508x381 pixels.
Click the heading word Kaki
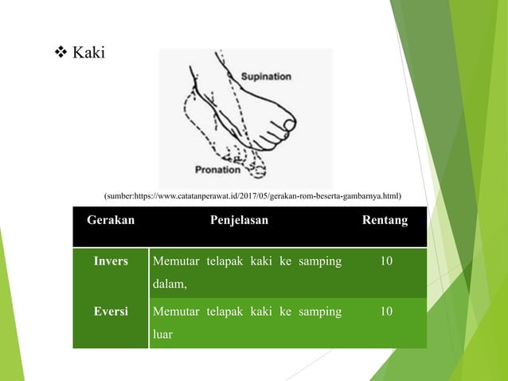tap(88, 53)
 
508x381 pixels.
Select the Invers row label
tap(111, 261)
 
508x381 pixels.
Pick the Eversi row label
tap(111, 311)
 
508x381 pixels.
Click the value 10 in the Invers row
tap(386, 261)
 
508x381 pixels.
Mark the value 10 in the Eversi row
tap(386, 311)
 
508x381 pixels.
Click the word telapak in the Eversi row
tap(232, 311)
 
